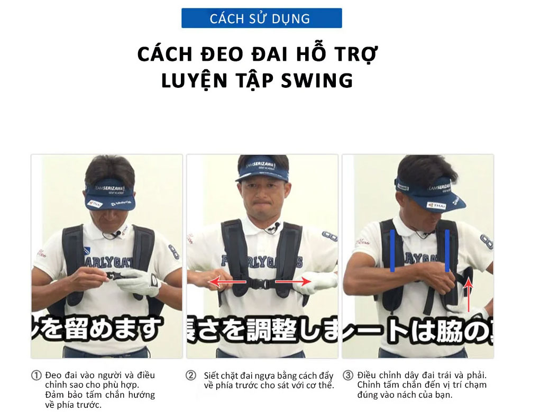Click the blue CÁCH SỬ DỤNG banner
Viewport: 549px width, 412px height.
pyautogui.click(x=261, y=18)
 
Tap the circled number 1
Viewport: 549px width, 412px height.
pyautogui.click(x=36, y=376)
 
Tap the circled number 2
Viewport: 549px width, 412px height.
pyautogui.click(x=191, y=376)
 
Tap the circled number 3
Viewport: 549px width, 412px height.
pyautogui.click(x=347, y=376)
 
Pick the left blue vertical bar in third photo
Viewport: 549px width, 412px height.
pyautogui.click(x=392, y=251)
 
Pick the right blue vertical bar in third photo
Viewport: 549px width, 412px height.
pyautogui.click(x=447, y=251)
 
